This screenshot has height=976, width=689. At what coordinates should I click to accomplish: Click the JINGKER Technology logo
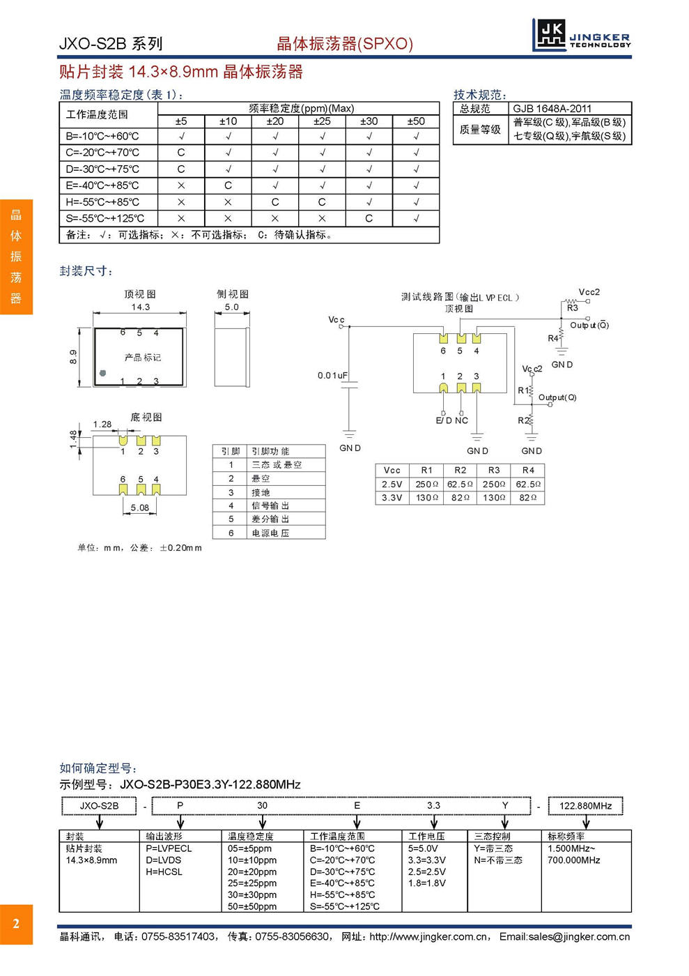click(582, 35)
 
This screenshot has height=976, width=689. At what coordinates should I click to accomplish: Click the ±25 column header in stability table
click(322, 121)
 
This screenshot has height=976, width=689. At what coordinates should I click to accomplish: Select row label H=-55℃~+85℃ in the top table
click(102, 202)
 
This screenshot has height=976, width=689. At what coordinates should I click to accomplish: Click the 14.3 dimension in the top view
click(141, 307)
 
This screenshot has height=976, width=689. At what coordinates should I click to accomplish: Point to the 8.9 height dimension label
click(73, 357)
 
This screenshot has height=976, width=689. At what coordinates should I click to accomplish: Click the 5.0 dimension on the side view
click(231, 307)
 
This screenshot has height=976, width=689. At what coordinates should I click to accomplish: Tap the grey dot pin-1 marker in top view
click(103, 373)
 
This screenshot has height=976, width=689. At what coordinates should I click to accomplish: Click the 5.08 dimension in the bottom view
click(140, 508)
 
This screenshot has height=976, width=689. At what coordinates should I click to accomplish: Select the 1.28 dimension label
click(102, 424)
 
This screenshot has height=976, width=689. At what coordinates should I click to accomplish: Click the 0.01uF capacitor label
click(332, 375)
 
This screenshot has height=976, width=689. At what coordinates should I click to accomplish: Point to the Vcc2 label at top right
click(589, 292)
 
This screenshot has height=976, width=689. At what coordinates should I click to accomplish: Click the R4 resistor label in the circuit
click(552, 338)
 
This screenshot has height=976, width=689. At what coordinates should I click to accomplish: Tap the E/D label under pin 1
click(443, 420)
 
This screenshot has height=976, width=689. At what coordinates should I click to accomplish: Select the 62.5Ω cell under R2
click(460, 484)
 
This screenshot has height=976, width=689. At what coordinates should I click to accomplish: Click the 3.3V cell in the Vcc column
click(392, 498)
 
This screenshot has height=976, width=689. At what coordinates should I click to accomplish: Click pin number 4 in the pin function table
click(231, 505)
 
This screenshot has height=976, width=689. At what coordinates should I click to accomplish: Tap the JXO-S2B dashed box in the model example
click(100, 806)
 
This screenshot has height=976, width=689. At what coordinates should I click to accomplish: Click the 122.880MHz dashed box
click(585, 806)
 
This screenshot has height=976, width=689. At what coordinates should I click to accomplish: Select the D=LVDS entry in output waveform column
click(164, 860)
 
